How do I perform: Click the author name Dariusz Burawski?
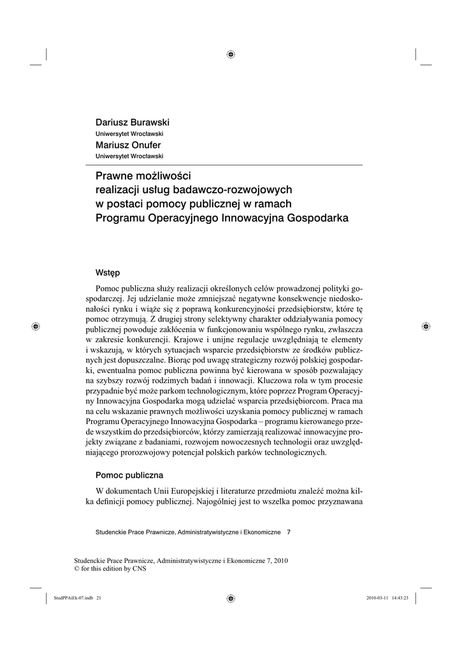point(133,122)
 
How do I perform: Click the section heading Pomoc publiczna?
point(129,475)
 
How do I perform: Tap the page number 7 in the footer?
point(289,531)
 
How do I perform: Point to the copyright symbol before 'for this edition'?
point(78,569)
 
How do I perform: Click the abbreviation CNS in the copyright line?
point(140,569)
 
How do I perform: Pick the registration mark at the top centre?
point(231,54)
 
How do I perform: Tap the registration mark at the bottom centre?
point(231,598)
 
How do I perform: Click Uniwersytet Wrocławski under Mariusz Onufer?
point(129,156)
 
